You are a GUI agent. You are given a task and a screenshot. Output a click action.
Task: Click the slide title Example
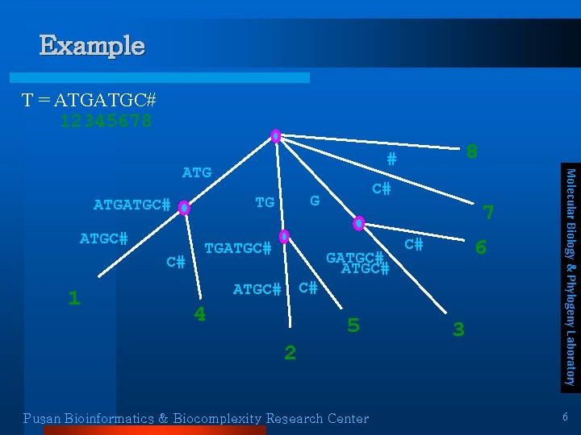(92, 46)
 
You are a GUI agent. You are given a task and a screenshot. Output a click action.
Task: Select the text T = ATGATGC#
(89, 101)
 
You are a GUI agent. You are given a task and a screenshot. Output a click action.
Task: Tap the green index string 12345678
(106, 121)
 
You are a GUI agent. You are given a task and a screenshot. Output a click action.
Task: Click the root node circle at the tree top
(276, 136)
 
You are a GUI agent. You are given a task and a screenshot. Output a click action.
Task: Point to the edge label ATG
(197, 172)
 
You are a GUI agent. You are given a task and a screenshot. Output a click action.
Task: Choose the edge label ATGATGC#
(132, 205)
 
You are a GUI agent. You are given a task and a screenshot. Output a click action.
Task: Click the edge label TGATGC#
(237, 248)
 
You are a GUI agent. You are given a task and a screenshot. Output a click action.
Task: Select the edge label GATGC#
(353, 258)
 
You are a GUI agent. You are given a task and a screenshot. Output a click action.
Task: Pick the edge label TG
(265, 202)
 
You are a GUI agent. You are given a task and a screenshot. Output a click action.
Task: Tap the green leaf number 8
(472, 151)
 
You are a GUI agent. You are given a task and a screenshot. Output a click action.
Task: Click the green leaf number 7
(487, 213)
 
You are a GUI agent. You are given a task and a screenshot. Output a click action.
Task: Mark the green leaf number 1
(73, 298)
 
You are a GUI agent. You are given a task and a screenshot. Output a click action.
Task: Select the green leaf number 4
(199, 314)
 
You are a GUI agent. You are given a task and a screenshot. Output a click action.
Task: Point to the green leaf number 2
(290, 352)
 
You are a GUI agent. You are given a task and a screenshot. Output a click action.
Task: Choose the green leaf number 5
(353, 325)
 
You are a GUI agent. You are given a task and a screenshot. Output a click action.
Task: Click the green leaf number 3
(458, 329)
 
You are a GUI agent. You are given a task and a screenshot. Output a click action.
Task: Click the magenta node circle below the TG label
(284, 237)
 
